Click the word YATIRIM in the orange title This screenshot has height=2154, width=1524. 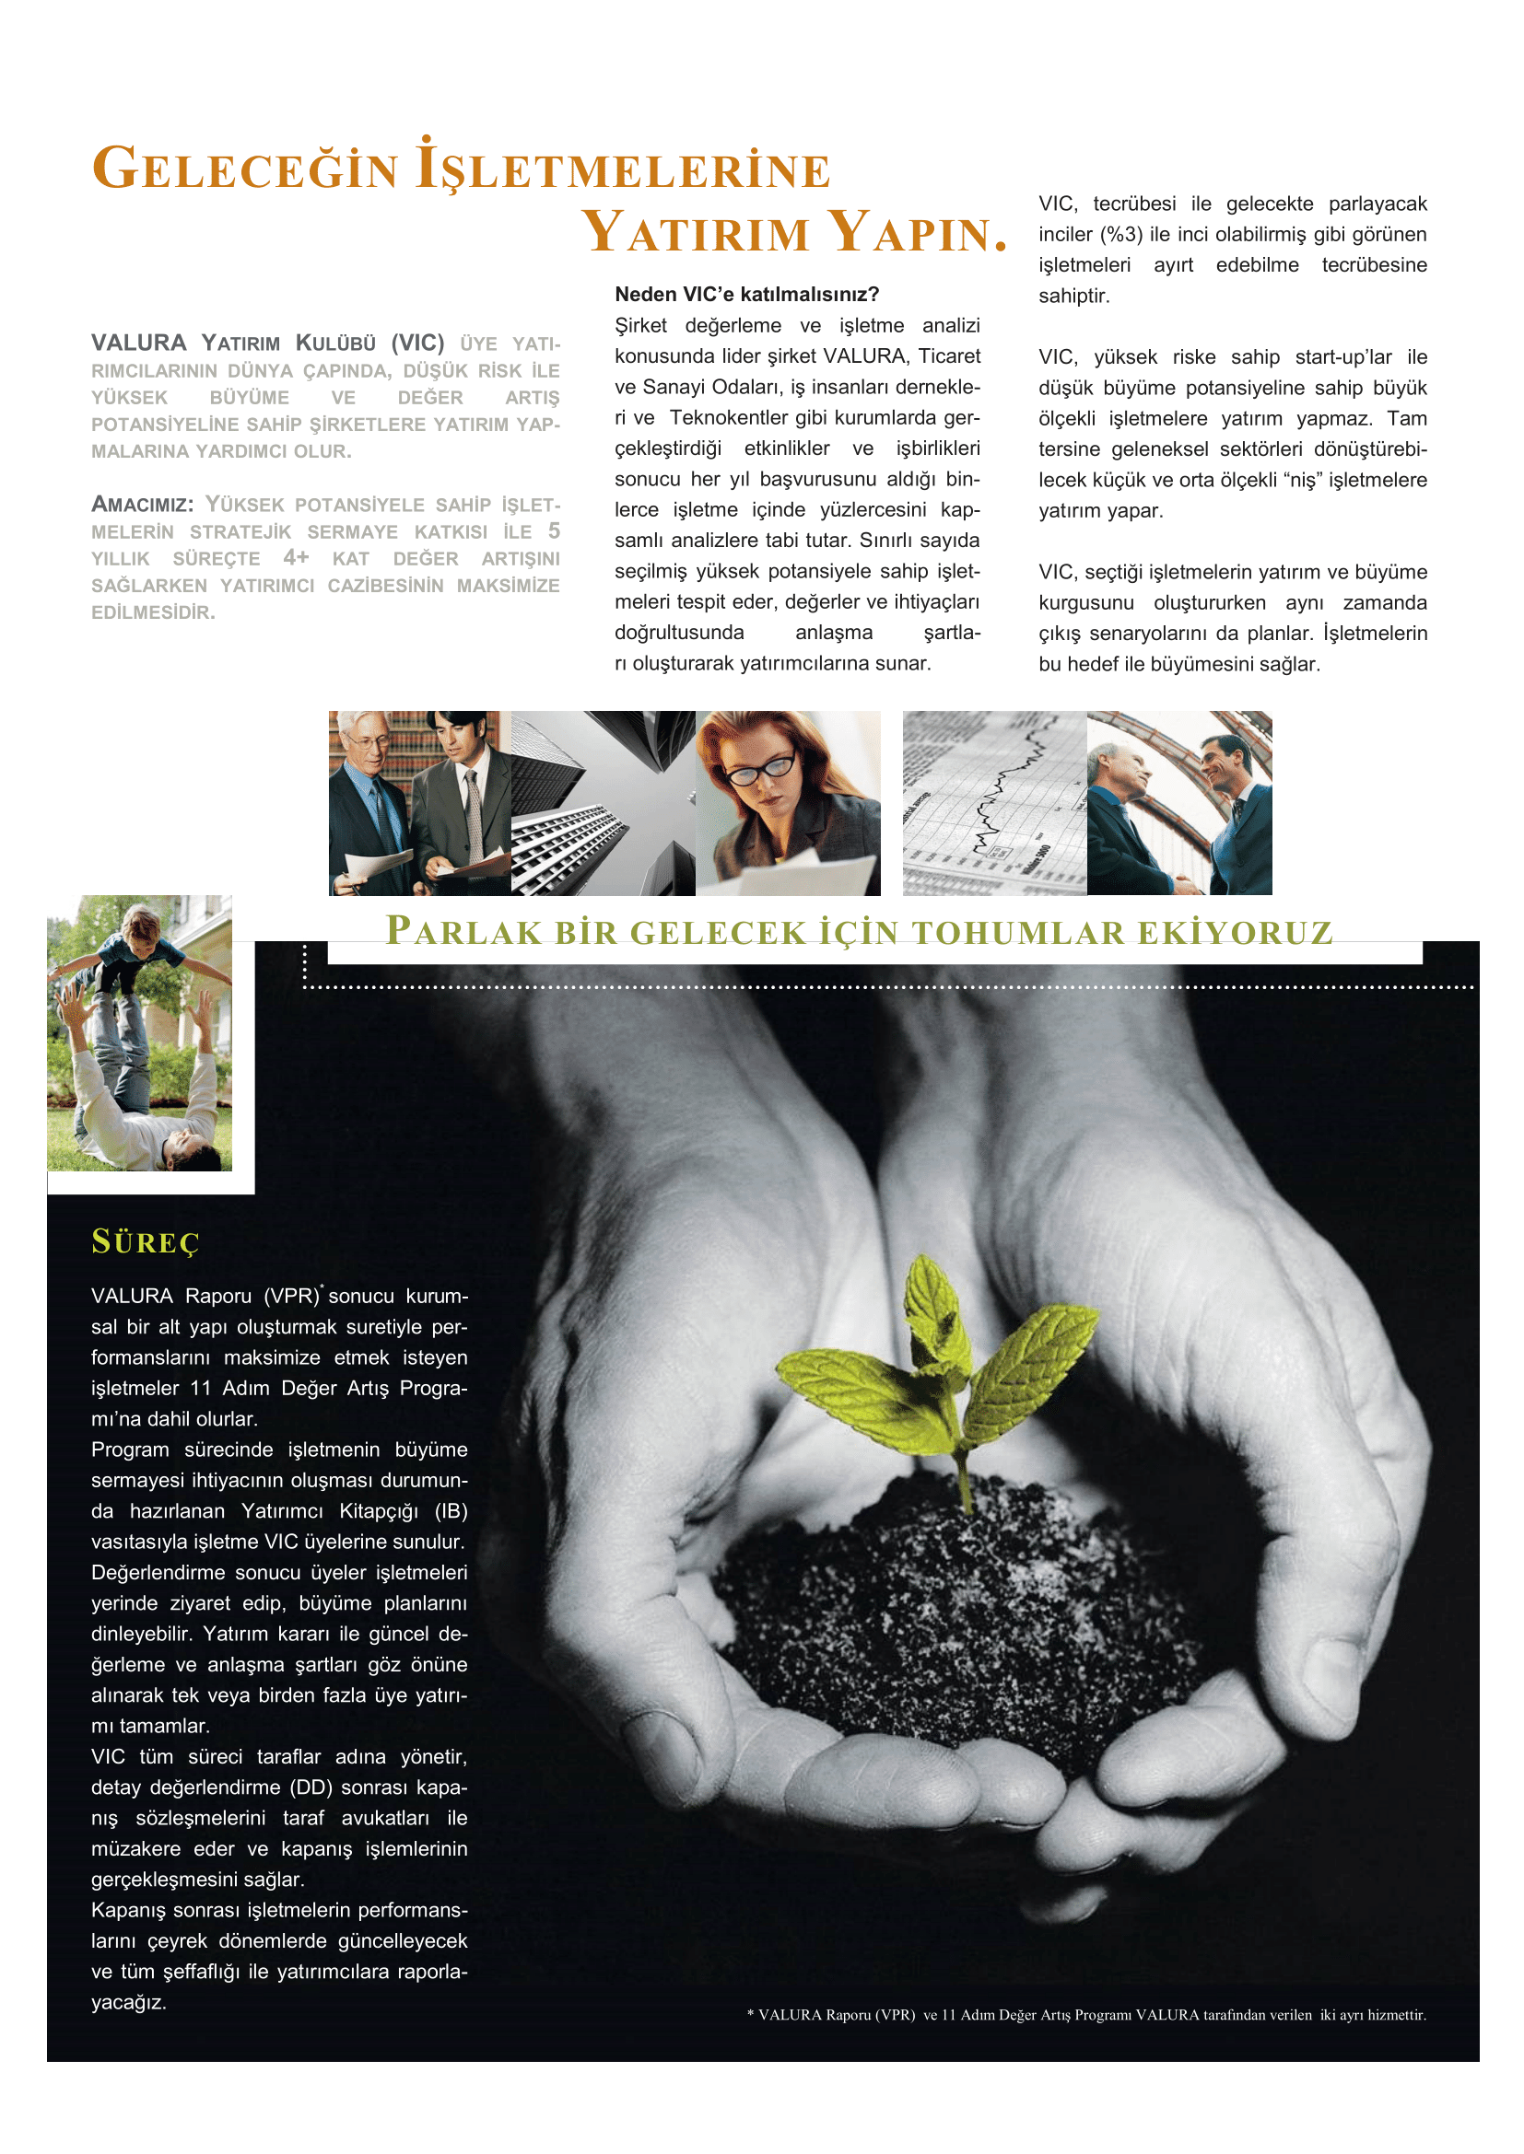[696, 233]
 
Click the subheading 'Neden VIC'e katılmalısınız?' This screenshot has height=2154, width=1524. [746, 295]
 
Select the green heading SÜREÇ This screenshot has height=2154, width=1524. [146, 1242]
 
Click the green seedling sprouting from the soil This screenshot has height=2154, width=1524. [948, 1360]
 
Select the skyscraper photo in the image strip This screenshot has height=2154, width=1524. [603, 803]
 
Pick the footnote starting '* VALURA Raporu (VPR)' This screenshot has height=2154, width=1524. [1085, 2014]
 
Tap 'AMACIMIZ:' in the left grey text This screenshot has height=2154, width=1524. [142, 505]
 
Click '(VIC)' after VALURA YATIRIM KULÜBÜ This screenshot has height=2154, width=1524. [417, 343]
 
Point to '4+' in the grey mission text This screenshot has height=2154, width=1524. [296, 557]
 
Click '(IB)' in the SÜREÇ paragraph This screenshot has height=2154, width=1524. [451, 1510]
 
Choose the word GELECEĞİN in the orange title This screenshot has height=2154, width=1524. [246, 169]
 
